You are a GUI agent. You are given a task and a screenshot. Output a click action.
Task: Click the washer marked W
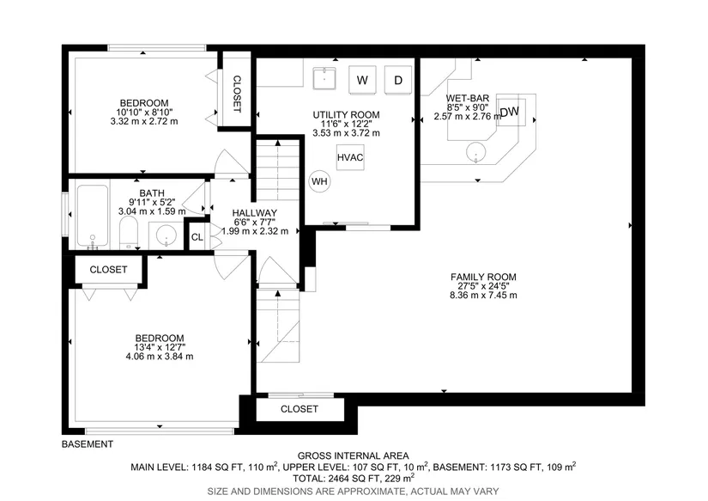(362, 80)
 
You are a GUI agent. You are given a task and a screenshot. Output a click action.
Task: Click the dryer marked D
(398, 80)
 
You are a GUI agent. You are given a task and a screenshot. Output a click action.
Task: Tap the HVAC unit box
(350, 157)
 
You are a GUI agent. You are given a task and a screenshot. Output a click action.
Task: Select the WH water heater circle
(319, 181)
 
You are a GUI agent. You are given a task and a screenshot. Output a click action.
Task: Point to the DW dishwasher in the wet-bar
(511, 112)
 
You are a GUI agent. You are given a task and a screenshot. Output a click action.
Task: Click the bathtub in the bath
(93, 216)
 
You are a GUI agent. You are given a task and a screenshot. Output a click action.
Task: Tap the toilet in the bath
(129, 232)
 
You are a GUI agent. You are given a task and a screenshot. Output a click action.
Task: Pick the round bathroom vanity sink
(166, 235)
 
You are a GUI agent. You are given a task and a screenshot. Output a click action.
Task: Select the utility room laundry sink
(324, 78)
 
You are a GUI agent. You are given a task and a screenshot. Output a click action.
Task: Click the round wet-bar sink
(475, 151)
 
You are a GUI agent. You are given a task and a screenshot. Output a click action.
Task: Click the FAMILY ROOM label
(483, 277)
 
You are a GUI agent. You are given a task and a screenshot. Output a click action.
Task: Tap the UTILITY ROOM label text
(347, 115)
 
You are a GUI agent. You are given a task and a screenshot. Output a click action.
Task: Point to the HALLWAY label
(255, 213)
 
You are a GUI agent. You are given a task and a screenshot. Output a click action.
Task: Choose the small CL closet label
(197, 237)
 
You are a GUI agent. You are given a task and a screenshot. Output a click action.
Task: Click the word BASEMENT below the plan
(88, 444)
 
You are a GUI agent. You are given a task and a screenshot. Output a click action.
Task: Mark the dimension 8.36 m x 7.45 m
(483, 296)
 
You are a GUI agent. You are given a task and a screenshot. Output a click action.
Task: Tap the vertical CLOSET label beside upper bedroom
(237, 94)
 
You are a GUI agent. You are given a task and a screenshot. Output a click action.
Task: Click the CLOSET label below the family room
(300, 409)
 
